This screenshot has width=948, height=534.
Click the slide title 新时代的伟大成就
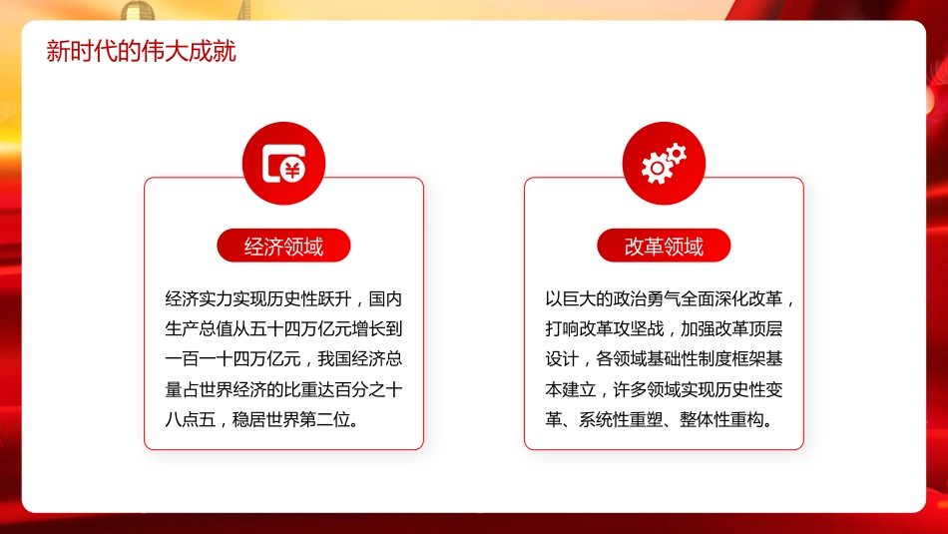click(141, 52)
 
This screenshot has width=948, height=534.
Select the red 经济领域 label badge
click(283, 247)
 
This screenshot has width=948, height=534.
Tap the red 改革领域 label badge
click(664, 247)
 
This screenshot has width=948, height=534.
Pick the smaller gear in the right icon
click(677, 153)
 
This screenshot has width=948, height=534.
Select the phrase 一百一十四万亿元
click(235, 358)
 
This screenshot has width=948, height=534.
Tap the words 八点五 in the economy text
click(190, 419)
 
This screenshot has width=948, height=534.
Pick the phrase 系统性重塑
click(623, 419)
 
